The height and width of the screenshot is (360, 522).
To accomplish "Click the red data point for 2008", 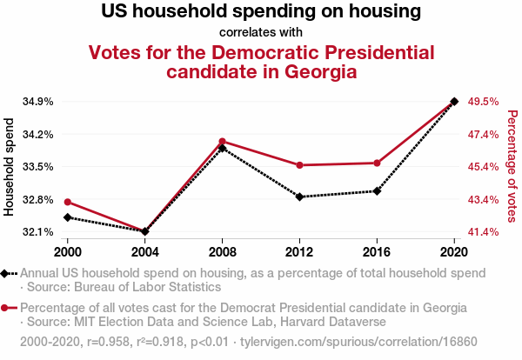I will pyautogui.click(x=223, y=142).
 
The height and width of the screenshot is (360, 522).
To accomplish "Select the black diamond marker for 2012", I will pyautogui.click(x=299, y=197).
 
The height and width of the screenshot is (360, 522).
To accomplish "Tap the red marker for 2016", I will pyautogui.click(x=377, y=163).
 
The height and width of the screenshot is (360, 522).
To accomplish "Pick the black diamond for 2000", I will pyautogui.click(x=68, y=217).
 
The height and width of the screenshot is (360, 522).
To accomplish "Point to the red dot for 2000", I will pyautogui.click(x=68, y=202).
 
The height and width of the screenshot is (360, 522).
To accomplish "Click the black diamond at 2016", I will pyautogui.click(x=377, y=190).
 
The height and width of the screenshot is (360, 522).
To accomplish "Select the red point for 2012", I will pyautogui.click(x=299, y=165).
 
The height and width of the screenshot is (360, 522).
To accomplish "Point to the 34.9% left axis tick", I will pyautogui.click(x=38, y=102).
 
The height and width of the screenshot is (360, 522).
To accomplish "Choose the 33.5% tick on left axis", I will pyautogui.click(x=38, y=167).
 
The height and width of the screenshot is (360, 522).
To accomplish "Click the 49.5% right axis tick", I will pyautogui.click(x=483, y=102).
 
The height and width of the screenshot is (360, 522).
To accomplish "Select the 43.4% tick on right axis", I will pyautogui.click(x=483, y=200).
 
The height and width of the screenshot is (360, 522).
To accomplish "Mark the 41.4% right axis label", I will pyautogui.click(x=483, y=232).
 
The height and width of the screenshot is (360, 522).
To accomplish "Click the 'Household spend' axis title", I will pyautogui.click(x=10, y=167).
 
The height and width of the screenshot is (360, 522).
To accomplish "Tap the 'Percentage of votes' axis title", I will pyautogui.click(x=512, y=167).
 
